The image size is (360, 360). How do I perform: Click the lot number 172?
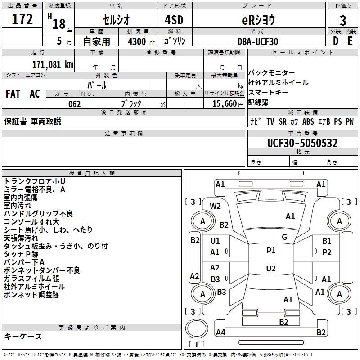pyautogui.click(x=22, y=19)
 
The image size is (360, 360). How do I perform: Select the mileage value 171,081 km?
pyautogui.click(x=53, y=64)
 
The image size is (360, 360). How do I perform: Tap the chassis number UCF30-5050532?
pyautogui.click(x=302, y=143)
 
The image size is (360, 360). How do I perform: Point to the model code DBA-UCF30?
pyautogui.click(x=258, y=41)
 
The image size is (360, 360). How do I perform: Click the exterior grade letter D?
pyautogui.click(x=335, y=41)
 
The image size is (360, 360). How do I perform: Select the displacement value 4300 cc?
pyautogui.click(x=138, y=41)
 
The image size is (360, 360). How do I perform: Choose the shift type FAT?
pyautogui.click(x=13, y=94)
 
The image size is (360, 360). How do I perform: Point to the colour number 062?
pyautogui.click(x=75, y=104)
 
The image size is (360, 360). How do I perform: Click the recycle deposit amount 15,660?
pyautogui.click(x=223, y=104)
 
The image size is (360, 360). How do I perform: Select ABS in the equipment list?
pyautogui.click(x=308, y=121)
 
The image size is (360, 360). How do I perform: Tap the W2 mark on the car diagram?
pyautogui.click(x=216, y=206)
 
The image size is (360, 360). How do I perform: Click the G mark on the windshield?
pyautogui.click(x=284, y=237)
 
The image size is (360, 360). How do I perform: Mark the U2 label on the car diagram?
pyautogui.click(x=270, y=269)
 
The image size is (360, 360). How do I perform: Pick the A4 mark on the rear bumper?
pyautogui.click(x=220, y=333)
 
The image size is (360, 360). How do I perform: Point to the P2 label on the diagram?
pyautogui.click(x=327, y=252)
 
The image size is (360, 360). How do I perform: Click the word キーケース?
pyautogui.click(x=23, y=337)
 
